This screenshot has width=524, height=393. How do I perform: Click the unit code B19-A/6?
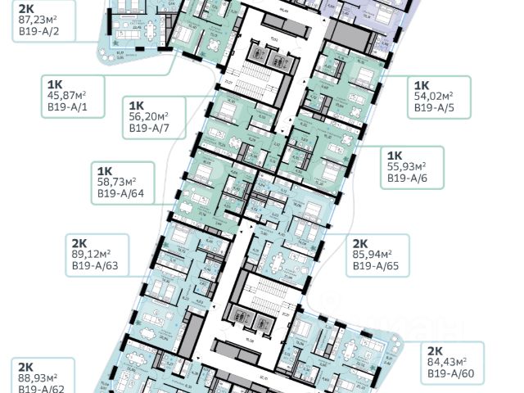click(x=412, y=177)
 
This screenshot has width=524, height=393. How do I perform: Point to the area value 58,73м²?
click(x=117, y=183)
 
